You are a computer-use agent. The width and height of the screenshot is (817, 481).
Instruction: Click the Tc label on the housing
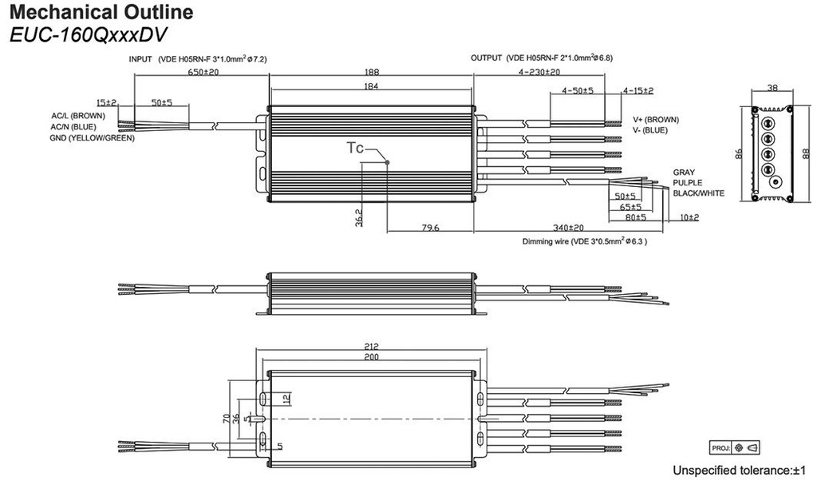tap(355, 148)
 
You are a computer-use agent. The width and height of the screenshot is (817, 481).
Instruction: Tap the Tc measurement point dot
tap(387, 162)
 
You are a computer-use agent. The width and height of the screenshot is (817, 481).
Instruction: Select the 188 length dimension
tap(372, 72)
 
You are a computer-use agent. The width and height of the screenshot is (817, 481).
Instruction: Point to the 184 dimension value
tap(372, 86)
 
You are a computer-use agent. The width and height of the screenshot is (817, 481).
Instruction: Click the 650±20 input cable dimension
tap(203, 71)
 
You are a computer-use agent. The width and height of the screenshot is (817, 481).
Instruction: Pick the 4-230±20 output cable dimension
tap(539, 72)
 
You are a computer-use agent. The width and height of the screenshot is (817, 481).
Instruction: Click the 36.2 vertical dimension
tap(358, 217)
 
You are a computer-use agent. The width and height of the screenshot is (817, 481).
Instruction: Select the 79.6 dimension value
tap(430, 228)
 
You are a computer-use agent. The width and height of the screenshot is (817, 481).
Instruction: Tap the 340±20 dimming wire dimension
tap(568, 228)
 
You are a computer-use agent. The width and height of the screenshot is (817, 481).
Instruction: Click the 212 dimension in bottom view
tap(372, 346)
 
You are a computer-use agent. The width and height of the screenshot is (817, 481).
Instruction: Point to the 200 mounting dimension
tap(372, 357)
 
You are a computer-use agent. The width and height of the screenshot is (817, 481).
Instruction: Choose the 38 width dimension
tap(772, 88)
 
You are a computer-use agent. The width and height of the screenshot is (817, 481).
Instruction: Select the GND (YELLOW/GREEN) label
tap(93, 137)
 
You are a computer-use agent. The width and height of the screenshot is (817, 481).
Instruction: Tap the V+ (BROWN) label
tap(656, 120)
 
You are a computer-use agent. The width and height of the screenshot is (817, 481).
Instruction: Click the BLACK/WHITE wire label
tap(699, 193)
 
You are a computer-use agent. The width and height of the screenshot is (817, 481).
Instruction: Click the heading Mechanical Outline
tap(101, 12)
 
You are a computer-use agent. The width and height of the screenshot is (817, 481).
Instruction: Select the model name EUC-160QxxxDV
tap(89, 34)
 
